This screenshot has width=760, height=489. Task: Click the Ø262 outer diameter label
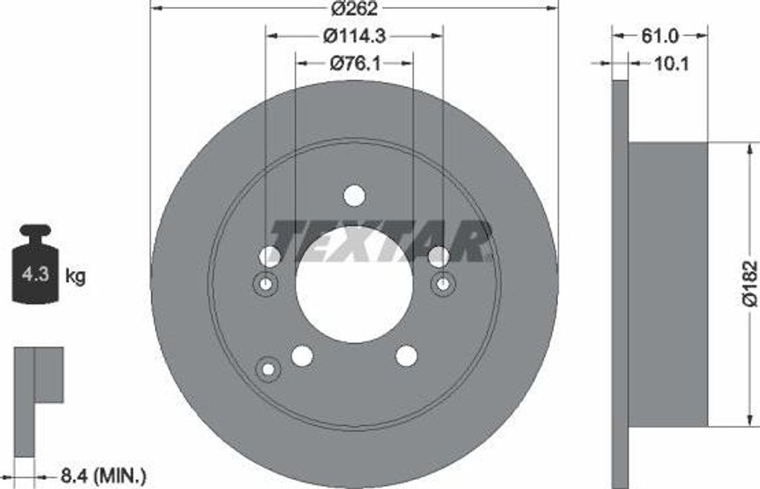(x=354, y=10)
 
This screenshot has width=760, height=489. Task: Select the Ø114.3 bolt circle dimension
(x=354, y=35)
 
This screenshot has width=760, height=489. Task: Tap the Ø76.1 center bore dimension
(x=354, y=64)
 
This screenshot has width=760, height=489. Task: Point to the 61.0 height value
(x=659, y=35)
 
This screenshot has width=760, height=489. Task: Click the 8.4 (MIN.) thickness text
(x=102, y=473)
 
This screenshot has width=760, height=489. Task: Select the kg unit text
(x=75, y=277)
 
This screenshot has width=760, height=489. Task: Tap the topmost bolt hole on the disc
(x=354, y=195)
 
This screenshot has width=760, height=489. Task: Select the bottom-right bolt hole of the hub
(x=406, y=355)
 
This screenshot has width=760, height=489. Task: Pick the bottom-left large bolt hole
(x=302, y=355)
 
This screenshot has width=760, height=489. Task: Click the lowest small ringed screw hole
(x=268, y=368)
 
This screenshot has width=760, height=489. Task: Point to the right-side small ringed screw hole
(x=443, y=283)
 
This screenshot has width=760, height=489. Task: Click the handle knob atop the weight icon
(x=35, y=232)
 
